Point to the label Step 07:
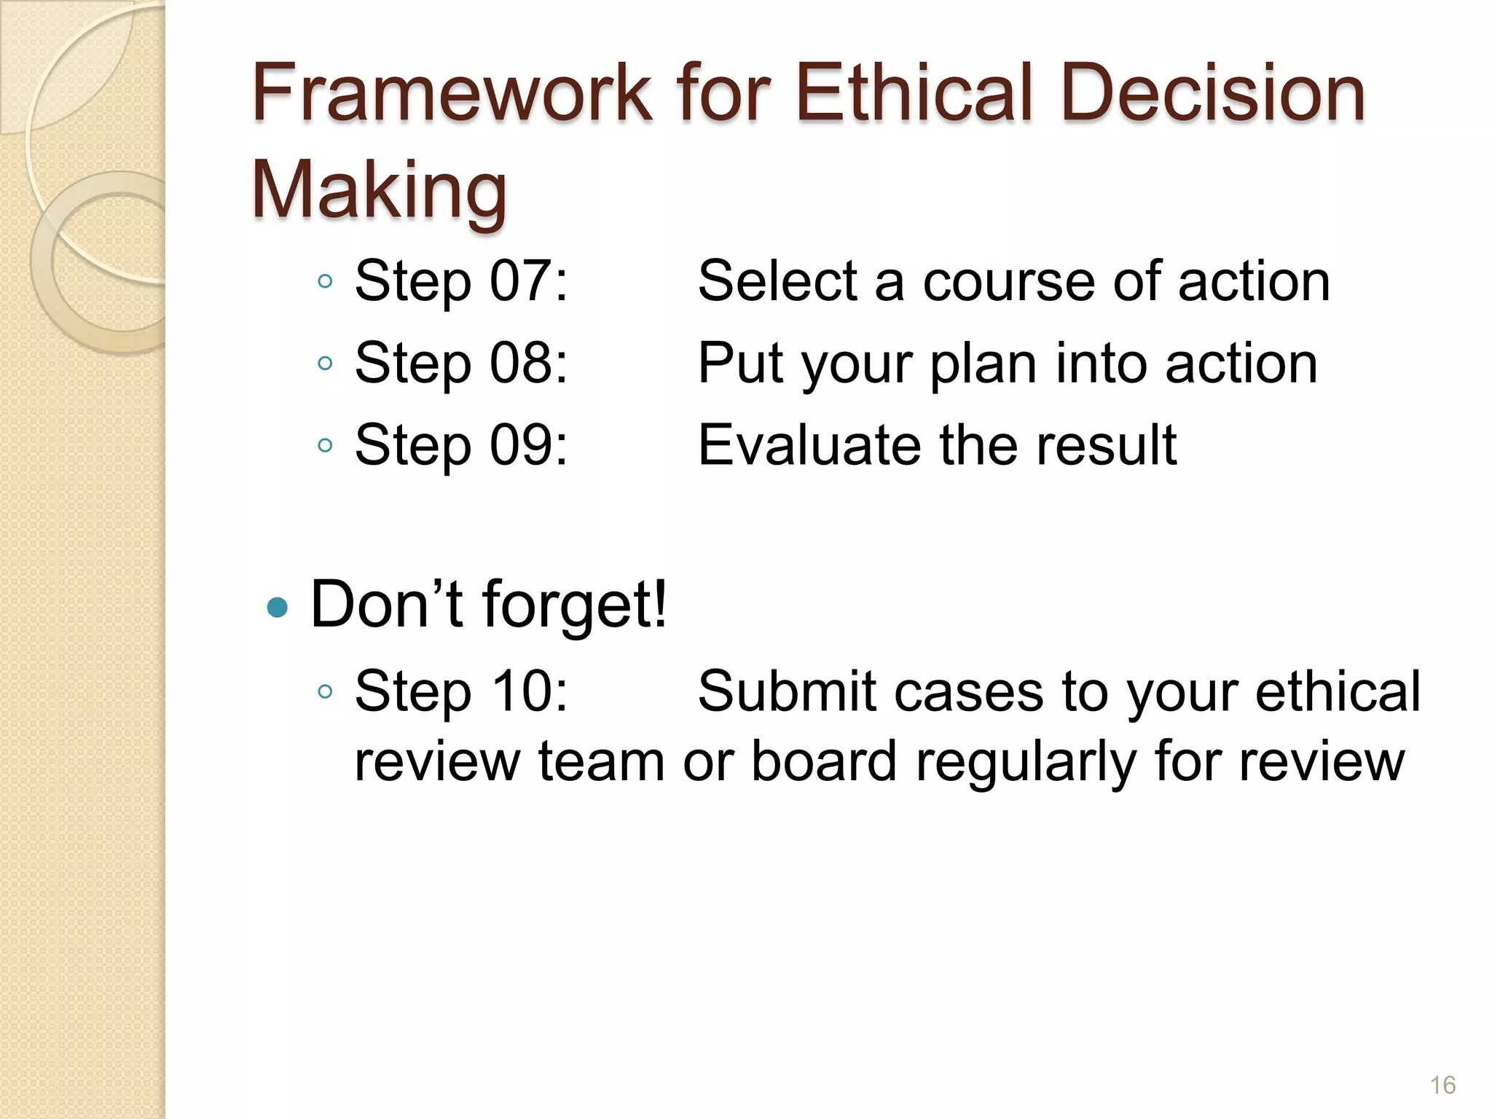[x=460, y=281]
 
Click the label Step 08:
[x=460, y=363]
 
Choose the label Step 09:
[x=460, y=445]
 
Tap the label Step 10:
[x=460, y=691]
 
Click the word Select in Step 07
[x=777, y=281]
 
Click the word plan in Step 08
[x=983, y=364]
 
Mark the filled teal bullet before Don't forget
[x=278, y=607]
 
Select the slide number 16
[x=1442, y=1085]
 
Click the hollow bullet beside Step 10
[x=326, y=691]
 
